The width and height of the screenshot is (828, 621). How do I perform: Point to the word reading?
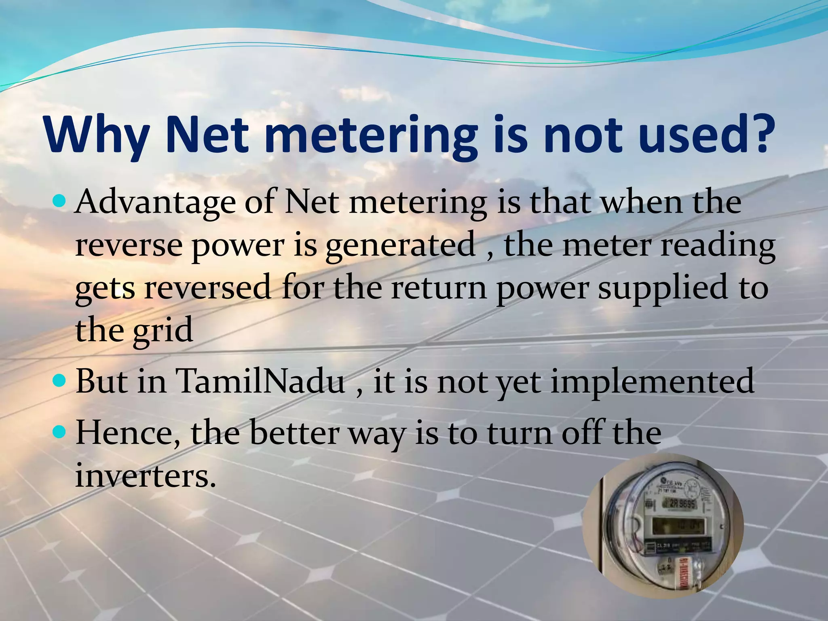click(718, 246)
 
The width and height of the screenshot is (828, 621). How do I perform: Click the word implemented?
click(652, 382)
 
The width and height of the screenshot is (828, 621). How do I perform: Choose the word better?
click(294, 433)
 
